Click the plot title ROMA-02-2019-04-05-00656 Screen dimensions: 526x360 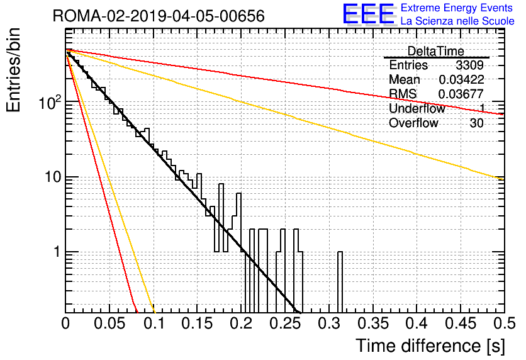click(x=159, y=16)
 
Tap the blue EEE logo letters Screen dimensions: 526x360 click(x=368, y=14)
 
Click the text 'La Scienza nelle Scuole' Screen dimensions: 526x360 click(x=457, y=21)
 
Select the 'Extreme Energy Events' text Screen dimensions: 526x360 click(x=457, y=8)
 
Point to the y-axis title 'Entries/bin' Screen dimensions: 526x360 click(x=13, y=70)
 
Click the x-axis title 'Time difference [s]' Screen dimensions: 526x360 click(x=430, y=346)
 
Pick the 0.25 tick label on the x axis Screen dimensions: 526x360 click(x=285, y=323)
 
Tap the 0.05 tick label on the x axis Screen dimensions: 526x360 click(x=109, y=323)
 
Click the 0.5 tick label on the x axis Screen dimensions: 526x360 click(x=505, y=323)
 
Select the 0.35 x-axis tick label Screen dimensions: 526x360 click(x=373, y=323)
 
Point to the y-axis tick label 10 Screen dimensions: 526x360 click(x=53, y=177)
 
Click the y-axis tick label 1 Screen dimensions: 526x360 click(x=57, y=252)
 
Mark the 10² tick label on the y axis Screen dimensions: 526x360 click(x=50, y=102)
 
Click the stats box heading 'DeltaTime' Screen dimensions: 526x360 click(x=435, y=51)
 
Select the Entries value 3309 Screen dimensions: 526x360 click(x=469, y=65)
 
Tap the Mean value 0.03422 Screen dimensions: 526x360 click(x=461, y=79)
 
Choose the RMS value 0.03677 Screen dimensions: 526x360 click(x=461, y=94)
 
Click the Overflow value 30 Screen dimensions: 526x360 click(x=476, y=123)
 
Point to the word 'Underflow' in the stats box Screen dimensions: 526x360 click(x=417, y=108)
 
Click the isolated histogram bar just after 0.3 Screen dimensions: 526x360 click(x=340, y=282)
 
